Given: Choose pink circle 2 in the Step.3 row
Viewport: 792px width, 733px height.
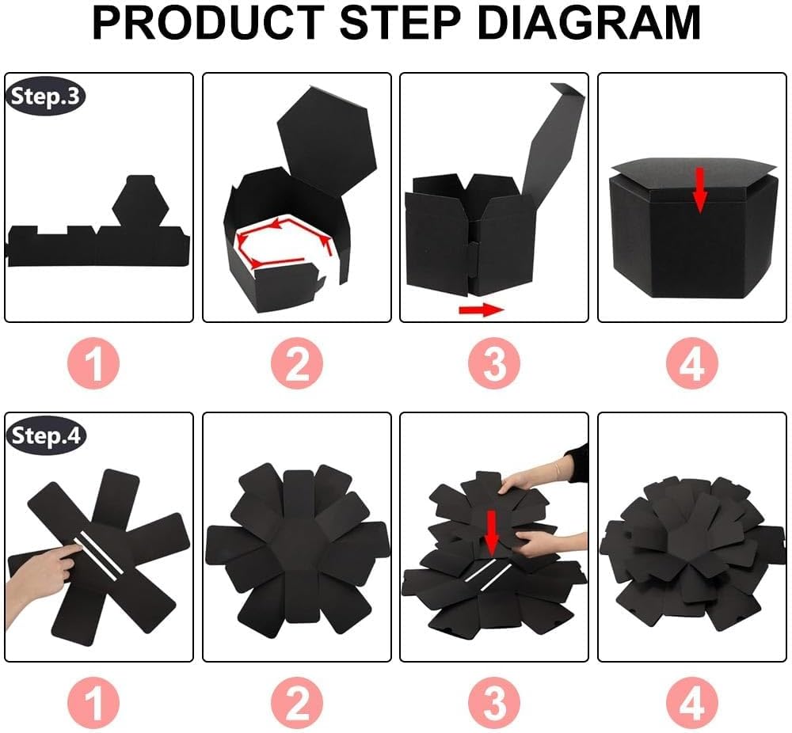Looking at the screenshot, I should tap(297, 364).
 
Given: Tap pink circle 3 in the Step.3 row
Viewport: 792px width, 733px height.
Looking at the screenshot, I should tap(494, 364).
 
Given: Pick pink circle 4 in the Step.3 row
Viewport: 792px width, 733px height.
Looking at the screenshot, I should tap(691, 364).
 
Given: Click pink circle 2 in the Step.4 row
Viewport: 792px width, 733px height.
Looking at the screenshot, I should tap(297, 701).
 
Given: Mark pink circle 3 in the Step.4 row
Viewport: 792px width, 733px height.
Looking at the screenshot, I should tap(494, 701).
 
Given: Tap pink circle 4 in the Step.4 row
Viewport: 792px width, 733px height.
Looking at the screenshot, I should tap(691, 701).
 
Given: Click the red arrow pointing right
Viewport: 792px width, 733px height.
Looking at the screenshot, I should tap(481, 309).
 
